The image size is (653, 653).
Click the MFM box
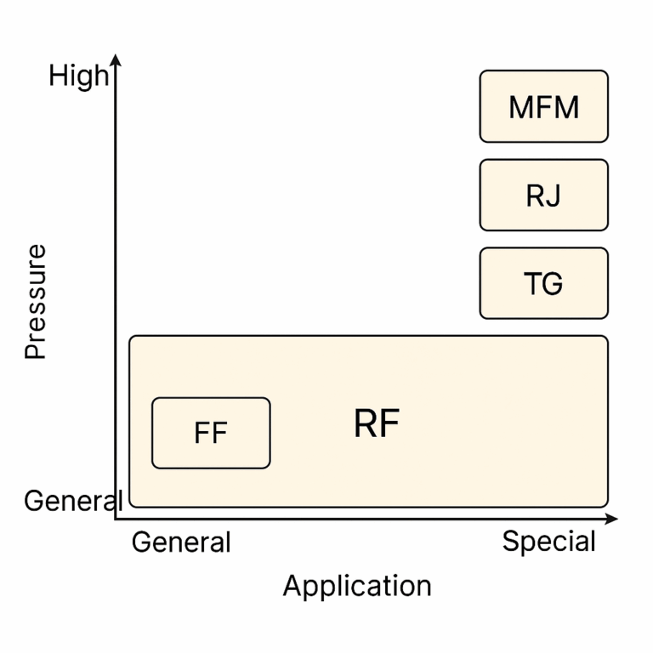[543, 106]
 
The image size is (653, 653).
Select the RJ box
[543, 195]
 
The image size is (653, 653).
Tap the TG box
[543, 283]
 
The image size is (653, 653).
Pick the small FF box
[211, 433]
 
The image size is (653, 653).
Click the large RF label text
[377, 423]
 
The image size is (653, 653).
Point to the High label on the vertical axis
[78, 77]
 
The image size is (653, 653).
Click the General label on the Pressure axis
[72, 501]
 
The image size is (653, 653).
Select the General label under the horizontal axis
[181, 542]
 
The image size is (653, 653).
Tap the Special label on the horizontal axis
[548, 541]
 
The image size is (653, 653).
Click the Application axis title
[357, 586]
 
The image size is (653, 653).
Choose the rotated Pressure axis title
[36, 302]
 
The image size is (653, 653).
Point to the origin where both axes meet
[116, 518]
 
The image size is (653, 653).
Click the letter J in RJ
[554, 196]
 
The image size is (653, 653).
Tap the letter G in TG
[553, 283]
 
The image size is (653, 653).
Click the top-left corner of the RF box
[131, 338]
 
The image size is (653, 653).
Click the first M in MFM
[520, 107]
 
